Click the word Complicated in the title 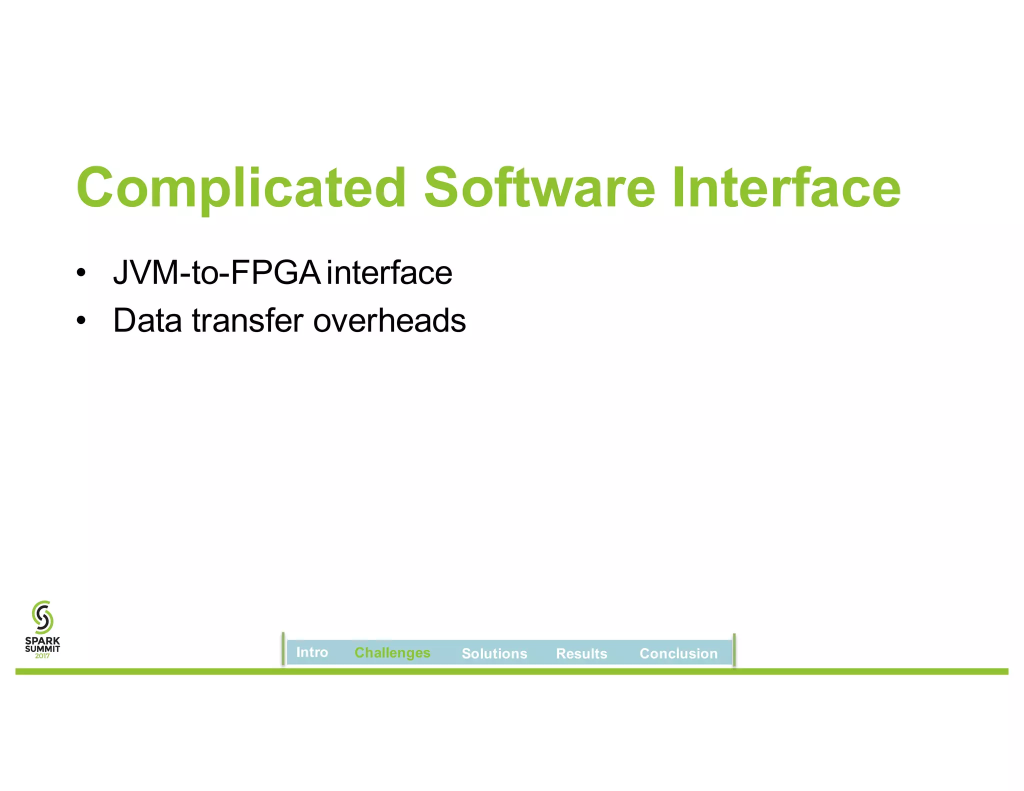point(240,188)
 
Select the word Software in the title point(539,188)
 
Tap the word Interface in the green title point(786,188)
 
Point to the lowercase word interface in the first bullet point(389,273)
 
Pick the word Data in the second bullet point(147,320)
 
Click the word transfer point(247,320)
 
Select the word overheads point(389,320)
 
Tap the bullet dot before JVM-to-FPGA point(81,274)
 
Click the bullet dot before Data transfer point(81,321)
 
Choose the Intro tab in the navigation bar point(312,652)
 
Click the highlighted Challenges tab point(392,653)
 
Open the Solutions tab point(494,653)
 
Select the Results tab point(581,653)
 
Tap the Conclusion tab point(678,653)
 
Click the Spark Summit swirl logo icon point(42,617)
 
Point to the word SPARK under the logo point(42,640)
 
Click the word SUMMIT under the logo point(42,648)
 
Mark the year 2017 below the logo point(42,656)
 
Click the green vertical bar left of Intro point(283,649)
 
